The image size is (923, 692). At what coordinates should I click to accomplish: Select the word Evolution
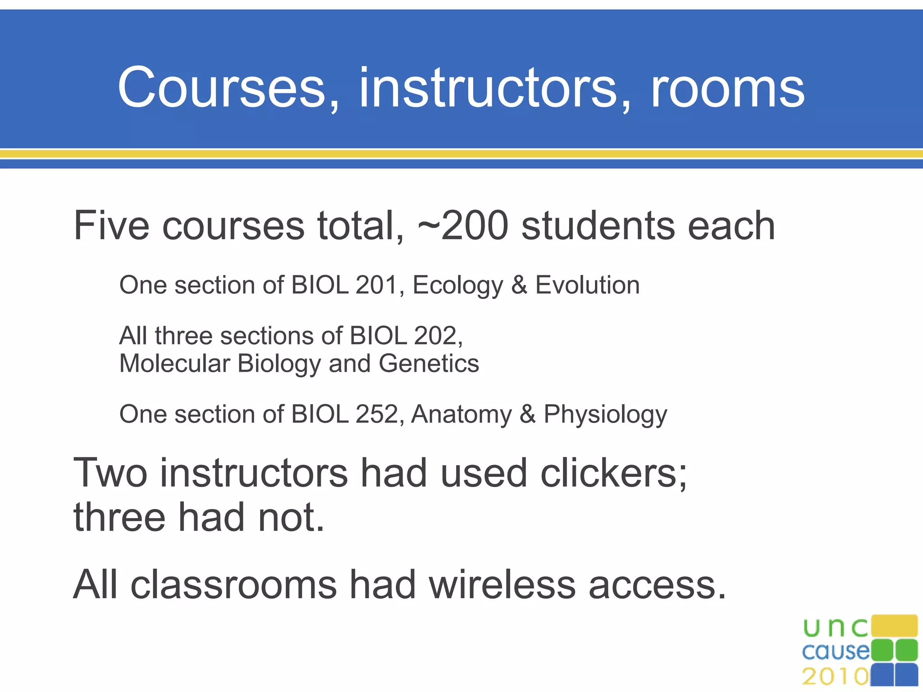coord(587,285)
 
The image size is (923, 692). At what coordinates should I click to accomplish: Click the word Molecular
coord(175,364)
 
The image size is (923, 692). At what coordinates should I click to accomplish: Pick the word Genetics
coord(429,364)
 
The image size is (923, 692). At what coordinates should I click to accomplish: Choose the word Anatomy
coord(461,415)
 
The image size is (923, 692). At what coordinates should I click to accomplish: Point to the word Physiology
coord(605,415)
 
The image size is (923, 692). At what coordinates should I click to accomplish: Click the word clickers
coord(613,473)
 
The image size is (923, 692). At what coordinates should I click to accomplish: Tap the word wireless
coord(502,585)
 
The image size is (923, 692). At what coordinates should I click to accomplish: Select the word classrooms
coord(233,585)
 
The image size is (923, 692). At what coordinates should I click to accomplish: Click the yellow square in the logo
coord(894,626)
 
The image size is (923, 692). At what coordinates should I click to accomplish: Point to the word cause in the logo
coord(836,651)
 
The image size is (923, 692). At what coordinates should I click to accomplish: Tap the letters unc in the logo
coord(835,627)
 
